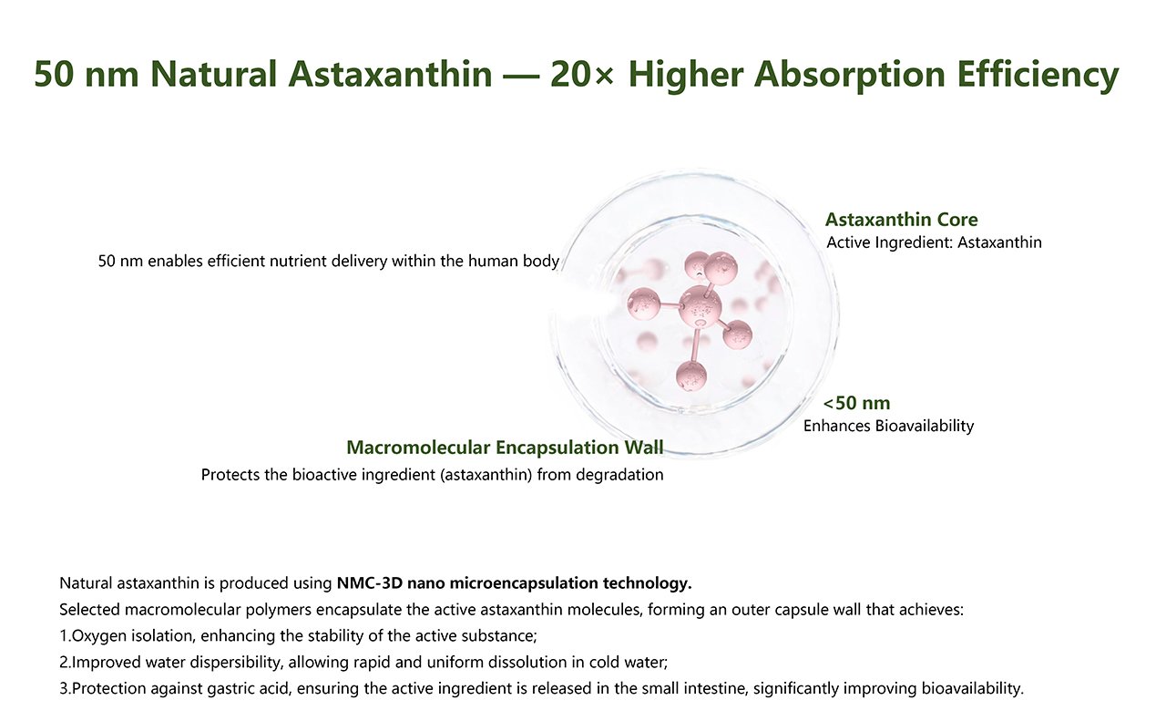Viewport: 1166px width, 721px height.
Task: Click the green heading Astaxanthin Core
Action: (901, 220)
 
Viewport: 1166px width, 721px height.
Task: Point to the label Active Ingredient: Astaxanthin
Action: (934, 243)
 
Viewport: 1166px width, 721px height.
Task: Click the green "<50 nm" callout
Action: (856, 403)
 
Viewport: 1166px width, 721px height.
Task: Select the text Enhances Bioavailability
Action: (888, 426)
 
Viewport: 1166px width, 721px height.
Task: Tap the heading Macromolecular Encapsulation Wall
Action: (505, 448)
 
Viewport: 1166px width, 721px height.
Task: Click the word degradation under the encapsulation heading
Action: (619, 475)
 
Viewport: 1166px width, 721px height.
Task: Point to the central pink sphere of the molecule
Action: (700, 305)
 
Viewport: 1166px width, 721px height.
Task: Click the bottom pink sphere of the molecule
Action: (691, 374)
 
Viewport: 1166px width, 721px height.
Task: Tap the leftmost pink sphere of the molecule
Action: (645, 301)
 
